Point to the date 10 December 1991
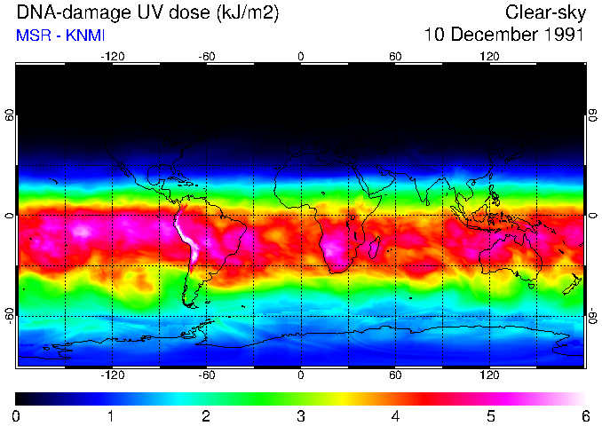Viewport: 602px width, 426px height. coord(503,35)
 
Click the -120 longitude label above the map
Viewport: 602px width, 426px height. coord(112,56)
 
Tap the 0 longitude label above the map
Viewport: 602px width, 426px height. coord(301,56)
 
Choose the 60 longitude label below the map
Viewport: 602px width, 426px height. coord(395,375)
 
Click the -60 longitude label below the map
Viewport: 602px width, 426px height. coord(206,375)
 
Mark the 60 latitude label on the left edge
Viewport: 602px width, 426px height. coord(10,115)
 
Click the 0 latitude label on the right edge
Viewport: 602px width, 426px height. coord(592,216)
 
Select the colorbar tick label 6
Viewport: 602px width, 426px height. coord(585,415)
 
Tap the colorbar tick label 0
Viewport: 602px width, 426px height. coord(17,415)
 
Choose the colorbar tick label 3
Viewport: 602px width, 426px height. coord(301,415)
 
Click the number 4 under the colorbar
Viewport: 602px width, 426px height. coord(396,415)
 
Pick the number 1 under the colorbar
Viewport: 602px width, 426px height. coord(112,415)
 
